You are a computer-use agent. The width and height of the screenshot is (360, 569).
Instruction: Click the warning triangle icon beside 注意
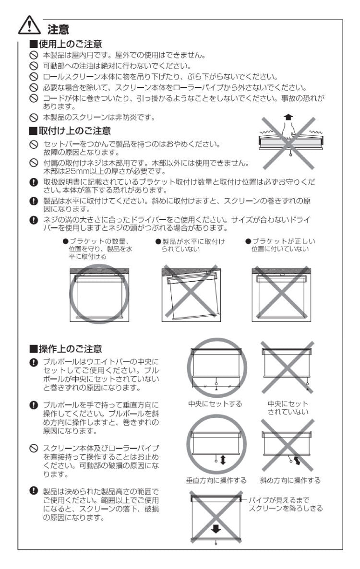tap(29, 26)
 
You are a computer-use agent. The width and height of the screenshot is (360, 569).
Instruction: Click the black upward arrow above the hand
tap(288, 116)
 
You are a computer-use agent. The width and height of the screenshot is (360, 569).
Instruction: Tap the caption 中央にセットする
tap(215, 404)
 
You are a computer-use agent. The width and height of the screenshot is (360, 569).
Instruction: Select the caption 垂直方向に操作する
tap(216, 480)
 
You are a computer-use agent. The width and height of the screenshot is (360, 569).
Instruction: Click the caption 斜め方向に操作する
tap(290, 480)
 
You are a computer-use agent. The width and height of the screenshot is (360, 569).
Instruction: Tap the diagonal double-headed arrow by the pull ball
tap(299, 462)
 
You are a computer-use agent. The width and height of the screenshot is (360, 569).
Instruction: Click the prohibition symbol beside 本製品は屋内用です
tap(34, 55)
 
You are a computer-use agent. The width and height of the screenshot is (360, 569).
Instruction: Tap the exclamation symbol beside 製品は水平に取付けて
tap(34, 201)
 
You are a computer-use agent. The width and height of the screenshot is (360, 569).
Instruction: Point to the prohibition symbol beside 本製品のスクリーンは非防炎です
tap(34, 117)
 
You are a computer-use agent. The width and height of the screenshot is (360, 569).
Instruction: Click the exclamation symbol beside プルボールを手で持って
tap(34, 404)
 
